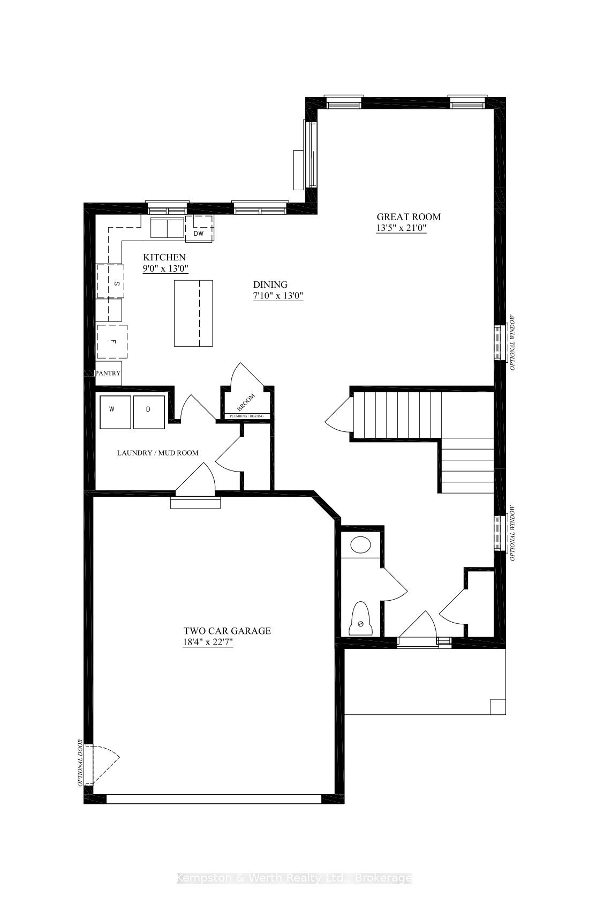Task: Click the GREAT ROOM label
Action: click(409, 217)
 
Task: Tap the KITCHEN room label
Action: click(164, 258)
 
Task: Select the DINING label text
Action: click(270, 285)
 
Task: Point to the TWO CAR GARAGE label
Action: click(227, 631)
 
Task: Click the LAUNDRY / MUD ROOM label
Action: click(157, 453)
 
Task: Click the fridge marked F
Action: click(112, 341)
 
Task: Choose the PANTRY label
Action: click(108, 374)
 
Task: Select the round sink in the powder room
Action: click(360, 546)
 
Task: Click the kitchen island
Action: click(193, 313)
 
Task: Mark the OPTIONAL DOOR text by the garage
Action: click(80, 763)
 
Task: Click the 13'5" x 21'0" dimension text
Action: click(401, 229)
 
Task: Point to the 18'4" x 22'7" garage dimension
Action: click(208, 643)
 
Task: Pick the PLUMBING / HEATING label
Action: click(246, 416)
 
